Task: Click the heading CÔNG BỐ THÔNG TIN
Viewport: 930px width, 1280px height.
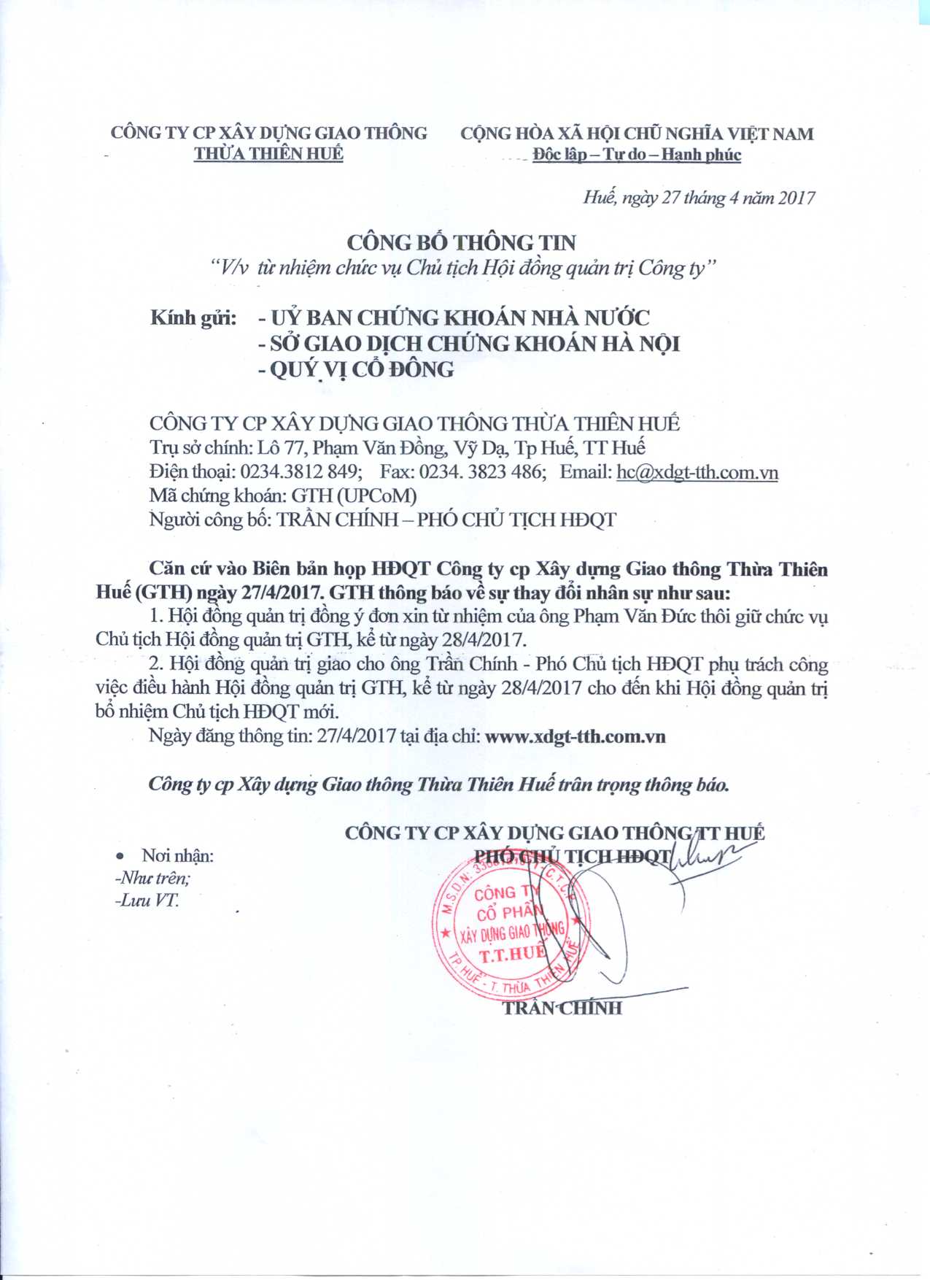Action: click(x=461, y=242)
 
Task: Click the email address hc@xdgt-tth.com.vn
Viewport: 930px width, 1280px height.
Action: click(x=697, y=472)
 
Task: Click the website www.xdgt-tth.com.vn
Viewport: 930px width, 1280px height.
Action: click(x=575, y=736)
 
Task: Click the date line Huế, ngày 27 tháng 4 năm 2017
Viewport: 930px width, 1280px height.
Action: click(x=699, y=198)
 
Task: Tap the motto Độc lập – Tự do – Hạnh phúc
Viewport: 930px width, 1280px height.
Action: click(x=637, y=155)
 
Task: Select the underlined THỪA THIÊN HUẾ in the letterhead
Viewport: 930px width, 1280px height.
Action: click(x=268, y=153)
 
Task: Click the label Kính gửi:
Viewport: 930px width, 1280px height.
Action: click(x=193, y=318)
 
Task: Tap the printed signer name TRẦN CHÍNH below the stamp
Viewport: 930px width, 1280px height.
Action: click(x=562, y=1008)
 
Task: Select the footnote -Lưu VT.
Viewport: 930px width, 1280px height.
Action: click(x=147, y=901)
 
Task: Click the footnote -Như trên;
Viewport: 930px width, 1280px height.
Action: click(x=147, y=878)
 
